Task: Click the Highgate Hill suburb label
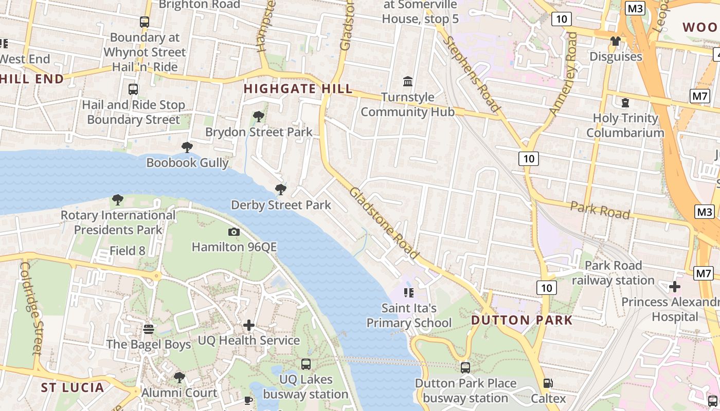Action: [x=298, y=89]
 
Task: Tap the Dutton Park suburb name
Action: [x=521, y=320]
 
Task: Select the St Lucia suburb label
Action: [x=73, y=387]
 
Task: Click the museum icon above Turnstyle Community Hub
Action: [x=408, y=81]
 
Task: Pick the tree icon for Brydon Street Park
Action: [x=259, y=117]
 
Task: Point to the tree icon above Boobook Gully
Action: [x=187, y=147]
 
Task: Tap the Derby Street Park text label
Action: [x=281, y=205]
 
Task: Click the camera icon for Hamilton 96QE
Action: [x=234, y=232]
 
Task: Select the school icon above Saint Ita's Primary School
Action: [x=409, y=293]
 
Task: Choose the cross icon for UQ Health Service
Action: [x=249, y=325]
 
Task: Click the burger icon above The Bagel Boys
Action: [x=149, y=329]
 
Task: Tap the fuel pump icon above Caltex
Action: [x=548, y=383]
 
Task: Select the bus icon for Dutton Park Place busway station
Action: [x=465, y=368]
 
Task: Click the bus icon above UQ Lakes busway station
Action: [x=306, y=364]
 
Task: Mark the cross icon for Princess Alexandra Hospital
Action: [x=675, y=287]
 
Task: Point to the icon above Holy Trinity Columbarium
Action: [x=625, y=103]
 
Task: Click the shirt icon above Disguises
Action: [x=616, y=41]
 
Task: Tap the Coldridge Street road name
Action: [x=30, y=308]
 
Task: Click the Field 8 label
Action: [x=128, y=251]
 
